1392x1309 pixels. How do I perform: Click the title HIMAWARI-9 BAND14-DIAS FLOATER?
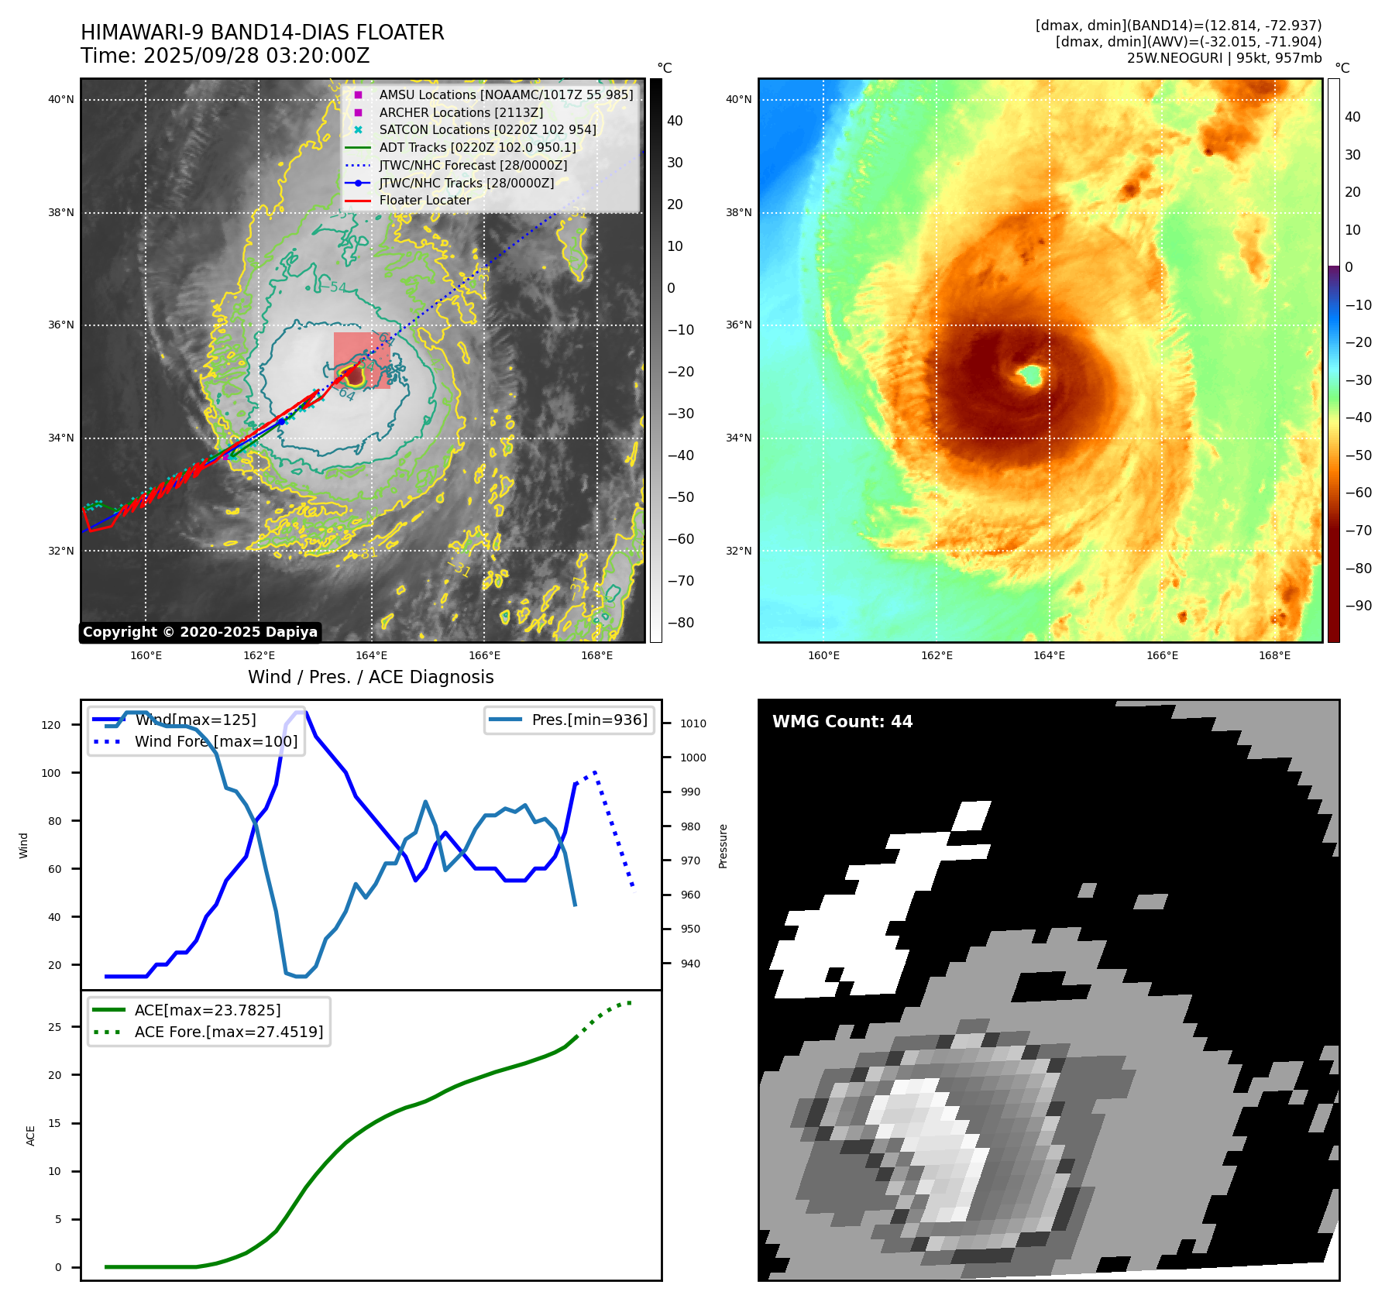coord(262,33)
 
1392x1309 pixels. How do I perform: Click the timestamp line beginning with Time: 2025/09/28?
coord(225,56)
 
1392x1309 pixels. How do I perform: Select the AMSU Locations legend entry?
coord(506,94)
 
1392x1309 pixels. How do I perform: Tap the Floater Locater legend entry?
coord(424,200)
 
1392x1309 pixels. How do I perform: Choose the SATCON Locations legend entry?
coord(487,129)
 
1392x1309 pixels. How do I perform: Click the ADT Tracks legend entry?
coord(477,147)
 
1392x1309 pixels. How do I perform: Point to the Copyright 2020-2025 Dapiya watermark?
coord(200,632)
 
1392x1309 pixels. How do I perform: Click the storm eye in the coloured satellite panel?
coord(1031,376)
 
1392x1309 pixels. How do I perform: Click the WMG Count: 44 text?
coord(842,722)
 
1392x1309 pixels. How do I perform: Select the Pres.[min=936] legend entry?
coord(589,720)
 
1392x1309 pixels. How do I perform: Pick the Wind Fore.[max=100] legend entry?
coord(215,741)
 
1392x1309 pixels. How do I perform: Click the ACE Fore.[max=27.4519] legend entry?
coord(229,1032)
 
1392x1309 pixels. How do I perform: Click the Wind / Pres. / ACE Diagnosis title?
coord(370,677)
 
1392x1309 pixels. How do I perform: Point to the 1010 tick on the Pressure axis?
coord(693,723)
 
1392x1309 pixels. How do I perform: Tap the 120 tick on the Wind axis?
coord(50,725)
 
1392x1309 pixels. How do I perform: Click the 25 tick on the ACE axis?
coord(54,1027)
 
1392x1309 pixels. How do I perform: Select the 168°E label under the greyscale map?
coord(596,655)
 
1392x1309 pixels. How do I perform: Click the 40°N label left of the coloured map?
coord(738,99)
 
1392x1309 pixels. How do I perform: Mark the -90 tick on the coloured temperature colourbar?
coord(1358,606)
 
